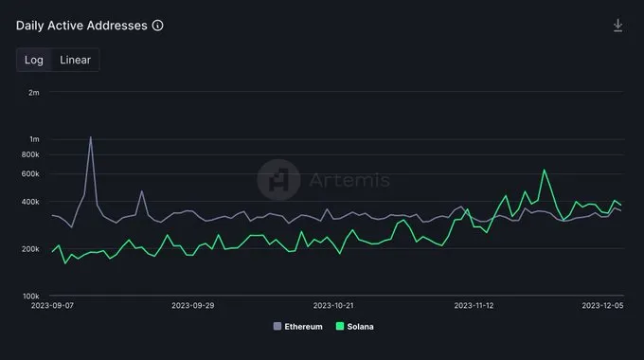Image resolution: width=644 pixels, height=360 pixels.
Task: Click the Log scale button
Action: click(34, 60)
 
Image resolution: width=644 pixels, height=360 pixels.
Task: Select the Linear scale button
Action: click(75, 60)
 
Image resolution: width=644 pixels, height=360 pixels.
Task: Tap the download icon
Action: click(617, 26)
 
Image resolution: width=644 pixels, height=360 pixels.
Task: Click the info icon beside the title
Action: click(157, 26)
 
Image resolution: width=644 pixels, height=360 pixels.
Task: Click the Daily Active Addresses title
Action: click(81, 26)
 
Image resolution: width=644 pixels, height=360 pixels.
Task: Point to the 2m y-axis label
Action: click(33, 93)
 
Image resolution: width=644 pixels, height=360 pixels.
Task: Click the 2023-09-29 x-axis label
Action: click(194, 306)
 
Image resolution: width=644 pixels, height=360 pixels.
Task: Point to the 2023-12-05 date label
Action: click(602, 306)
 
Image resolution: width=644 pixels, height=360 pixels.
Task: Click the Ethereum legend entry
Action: click(298, 326)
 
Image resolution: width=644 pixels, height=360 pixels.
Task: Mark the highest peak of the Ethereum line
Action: click(91, 137)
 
